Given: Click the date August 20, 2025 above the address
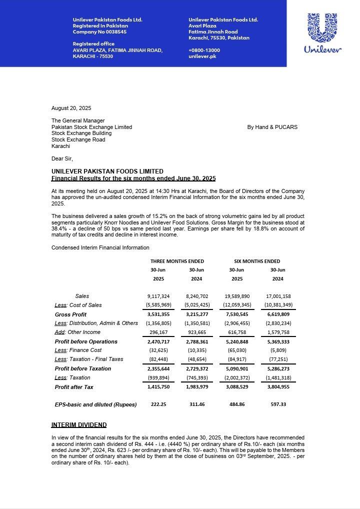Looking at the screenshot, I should [71, 108].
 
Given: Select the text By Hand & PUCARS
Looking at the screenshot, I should [272, 127].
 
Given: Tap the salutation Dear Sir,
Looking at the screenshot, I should [63, 158].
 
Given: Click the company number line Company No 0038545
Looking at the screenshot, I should [99, 31].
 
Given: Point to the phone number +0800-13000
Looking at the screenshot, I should [204, 50].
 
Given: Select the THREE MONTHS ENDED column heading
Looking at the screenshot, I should [177, 261].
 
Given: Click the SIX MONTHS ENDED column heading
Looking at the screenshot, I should [257, 261].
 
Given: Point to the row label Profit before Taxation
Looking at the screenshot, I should [83, 368].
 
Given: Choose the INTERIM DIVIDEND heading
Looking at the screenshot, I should [78, 425].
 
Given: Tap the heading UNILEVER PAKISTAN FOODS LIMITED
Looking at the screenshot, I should [107, 171].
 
